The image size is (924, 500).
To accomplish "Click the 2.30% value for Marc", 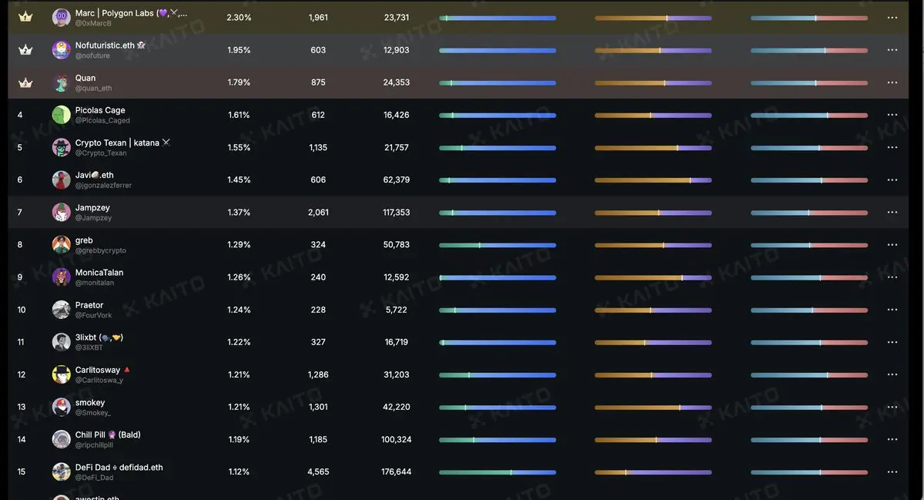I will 239,17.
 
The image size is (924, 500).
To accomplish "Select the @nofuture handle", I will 92,55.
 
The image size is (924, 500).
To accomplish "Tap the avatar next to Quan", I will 62,82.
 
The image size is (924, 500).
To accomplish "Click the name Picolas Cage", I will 100,110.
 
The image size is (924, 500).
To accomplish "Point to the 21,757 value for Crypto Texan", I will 397,147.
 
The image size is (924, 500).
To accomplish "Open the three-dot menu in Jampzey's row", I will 892,212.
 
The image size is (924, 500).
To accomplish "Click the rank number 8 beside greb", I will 20,245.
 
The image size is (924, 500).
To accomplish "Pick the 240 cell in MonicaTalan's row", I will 318,277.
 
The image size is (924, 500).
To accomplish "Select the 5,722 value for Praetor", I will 397,310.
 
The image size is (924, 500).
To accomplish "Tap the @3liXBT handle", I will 89,347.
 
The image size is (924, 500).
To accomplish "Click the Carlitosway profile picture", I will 62,374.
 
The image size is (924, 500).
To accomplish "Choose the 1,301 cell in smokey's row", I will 318,408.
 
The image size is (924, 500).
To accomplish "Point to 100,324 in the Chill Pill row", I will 397,440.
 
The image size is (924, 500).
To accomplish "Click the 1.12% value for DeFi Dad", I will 239,472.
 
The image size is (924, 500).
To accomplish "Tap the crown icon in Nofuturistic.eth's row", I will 25,50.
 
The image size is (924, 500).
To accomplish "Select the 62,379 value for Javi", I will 397,180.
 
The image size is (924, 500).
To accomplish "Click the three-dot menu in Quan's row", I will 892,82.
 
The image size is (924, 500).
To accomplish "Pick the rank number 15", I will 22,472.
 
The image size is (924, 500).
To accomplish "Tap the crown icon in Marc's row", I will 25,17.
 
